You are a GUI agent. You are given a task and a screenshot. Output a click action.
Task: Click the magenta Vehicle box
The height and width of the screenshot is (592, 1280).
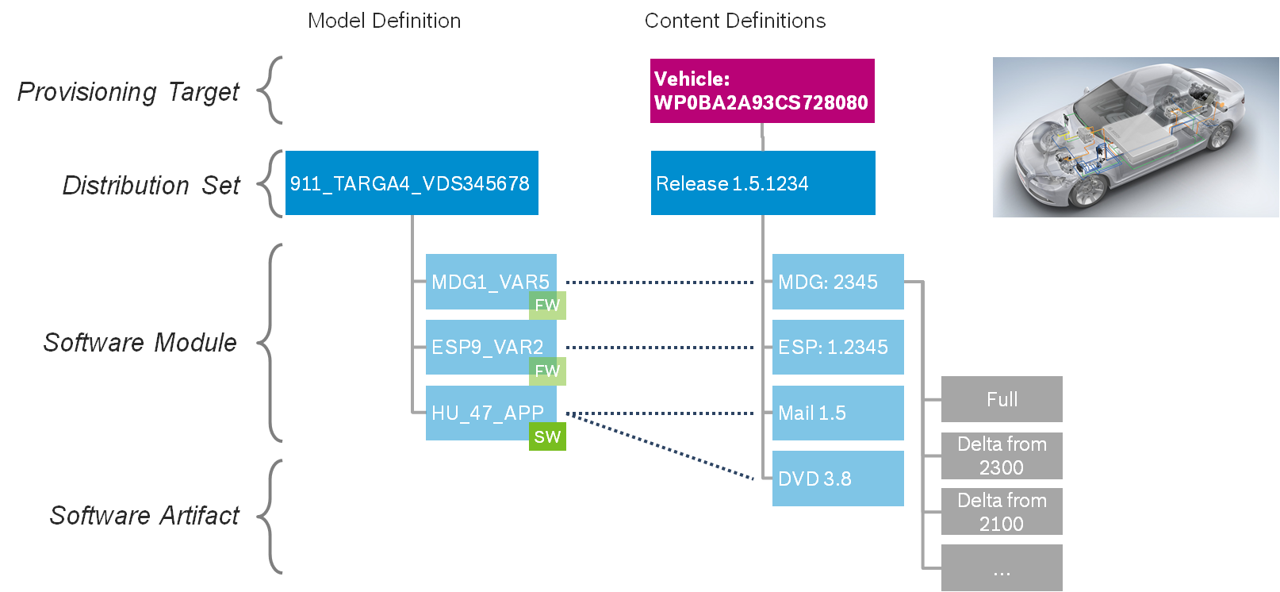click(x=762, y=90)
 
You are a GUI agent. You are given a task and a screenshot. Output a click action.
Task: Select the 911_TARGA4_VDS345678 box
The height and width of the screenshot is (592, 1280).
click(x=411, y=183)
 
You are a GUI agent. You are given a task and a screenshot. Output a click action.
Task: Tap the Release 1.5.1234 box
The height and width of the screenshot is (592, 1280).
click(x=763, y=183)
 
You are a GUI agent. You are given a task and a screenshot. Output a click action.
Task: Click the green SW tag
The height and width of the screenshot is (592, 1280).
click(x=547, y=436)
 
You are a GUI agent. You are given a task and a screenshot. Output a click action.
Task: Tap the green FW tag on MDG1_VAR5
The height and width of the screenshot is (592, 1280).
click(x=547, y=306)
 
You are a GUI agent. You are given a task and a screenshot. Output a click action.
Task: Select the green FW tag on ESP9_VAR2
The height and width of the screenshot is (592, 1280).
click(x=547, y=371)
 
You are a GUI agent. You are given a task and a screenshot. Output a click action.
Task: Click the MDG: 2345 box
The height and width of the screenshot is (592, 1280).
click(x=837, y=282)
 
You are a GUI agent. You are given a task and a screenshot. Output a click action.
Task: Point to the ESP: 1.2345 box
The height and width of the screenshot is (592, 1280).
click(x=837, y=347)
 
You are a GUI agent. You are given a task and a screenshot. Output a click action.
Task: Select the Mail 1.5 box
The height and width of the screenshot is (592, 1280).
click(x=837, y=413)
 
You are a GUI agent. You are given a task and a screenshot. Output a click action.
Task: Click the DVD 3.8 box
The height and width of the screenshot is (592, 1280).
click(x=837, y=479)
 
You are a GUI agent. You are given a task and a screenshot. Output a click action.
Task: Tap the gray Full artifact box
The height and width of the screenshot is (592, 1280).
click(x=1002, y=399)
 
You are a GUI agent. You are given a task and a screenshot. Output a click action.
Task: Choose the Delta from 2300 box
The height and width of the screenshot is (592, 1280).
click(x=1002, y=456)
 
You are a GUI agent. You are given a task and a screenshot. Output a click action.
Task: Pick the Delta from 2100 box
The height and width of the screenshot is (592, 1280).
click(x=1002, y=512)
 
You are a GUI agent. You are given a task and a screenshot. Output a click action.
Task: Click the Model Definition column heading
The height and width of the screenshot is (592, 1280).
click(x=384, y=21)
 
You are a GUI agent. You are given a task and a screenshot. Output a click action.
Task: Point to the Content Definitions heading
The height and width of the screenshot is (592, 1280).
click(x=734, y=21)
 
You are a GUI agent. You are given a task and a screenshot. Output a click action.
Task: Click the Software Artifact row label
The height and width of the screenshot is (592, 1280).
click(x=144, y=516)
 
